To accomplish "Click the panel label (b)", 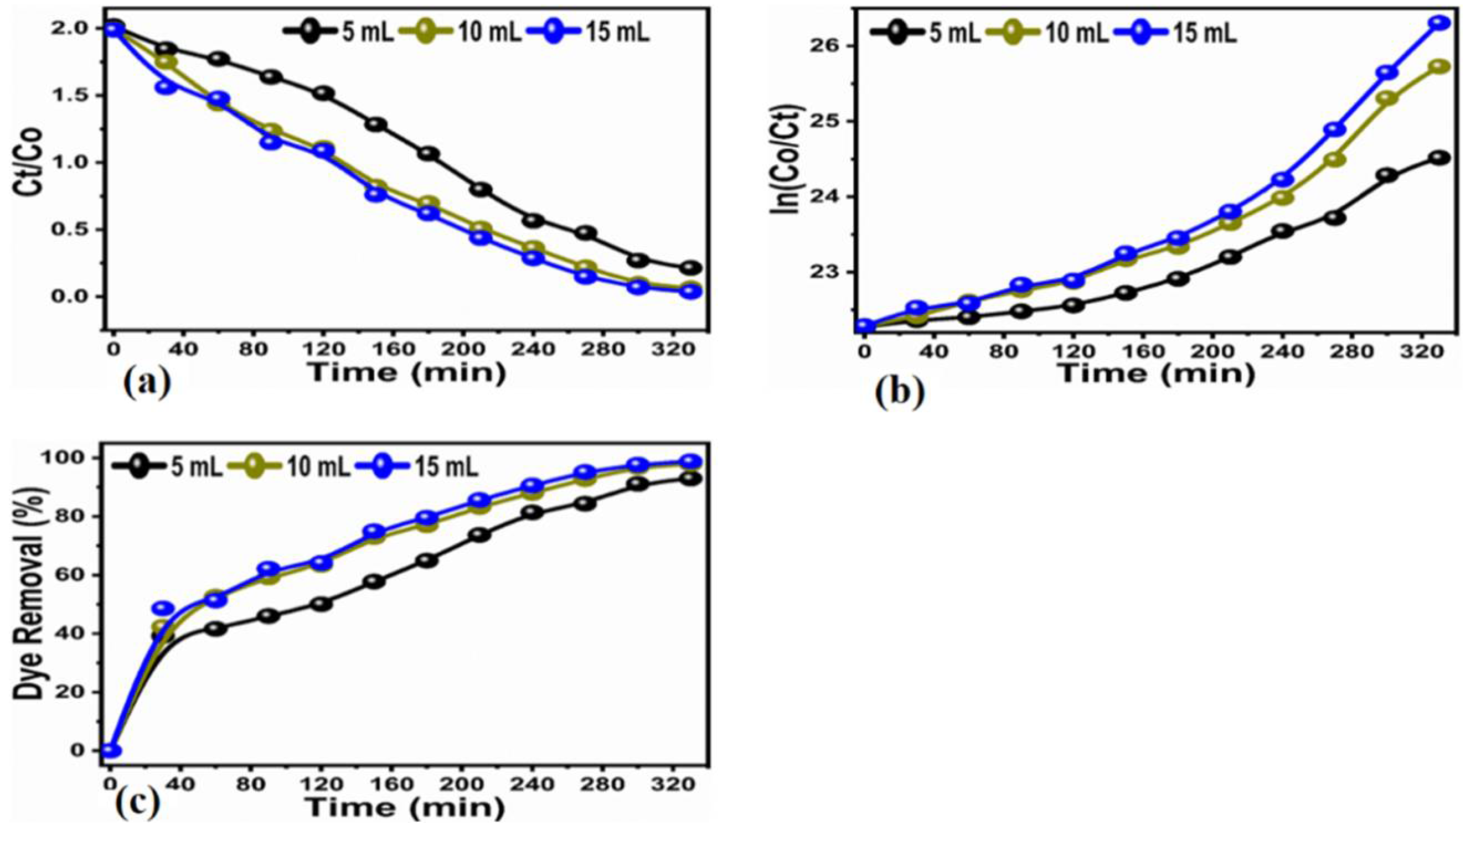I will (899, 393).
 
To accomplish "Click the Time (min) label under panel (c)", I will (405, 807).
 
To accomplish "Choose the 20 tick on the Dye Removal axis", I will (76, 692).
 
